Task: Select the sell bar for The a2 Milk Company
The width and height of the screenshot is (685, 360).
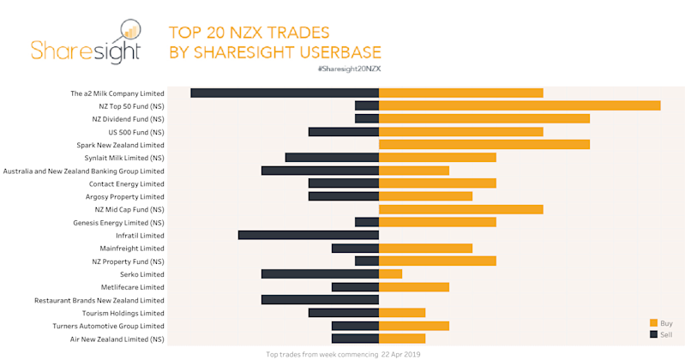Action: (x=285, y=93)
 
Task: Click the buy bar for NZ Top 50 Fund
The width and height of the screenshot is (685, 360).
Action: (x=520, y=105)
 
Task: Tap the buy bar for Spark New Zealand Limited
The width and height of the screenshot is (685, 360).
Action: (x=484, y=145)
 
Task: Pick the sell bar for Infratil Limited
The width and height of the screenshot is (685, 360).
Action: (x=309, y=235)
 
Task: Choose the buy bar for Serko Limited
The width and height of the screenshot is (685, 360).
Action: (x=390, y=273)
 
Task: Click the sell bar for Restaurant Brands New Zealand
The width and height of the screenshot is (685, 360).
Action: (x=320, y=300)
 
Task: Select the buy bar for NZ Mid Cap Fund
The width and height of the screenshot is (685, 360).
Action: (x=461, y=209)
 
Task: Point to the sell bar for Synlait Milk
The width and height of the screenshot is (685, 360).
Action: (x=332, y=158)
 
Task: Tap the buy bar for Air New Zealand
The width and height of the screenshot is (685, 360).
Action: (x=402, y=339)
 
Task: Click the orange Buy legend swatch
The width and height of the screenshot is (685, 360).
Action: (x=653, y=322)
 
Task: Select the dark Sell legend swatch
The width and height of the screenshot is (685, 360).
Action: (x=653, y=334)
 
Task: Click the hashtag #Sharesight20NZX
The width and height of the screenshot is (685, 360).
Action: (x=348, y=67)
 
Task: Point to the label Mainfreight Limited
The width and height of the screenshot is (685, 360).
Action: (x=132, y=249)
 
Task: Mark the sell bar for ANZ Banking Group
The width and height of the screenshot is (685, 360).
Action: (x=320, y=171)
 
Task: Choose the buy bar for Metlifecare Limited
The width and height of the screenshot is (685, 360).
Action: (x=414, y=287)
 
